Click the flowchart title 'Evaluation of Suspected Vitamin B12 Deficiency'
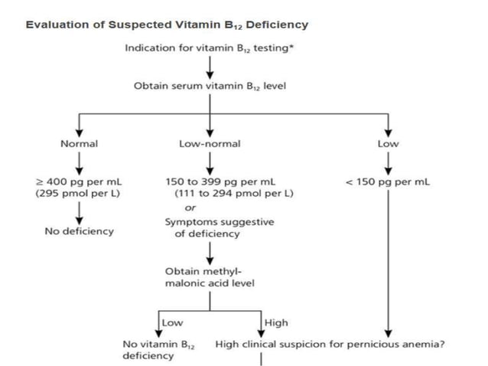(167, 25)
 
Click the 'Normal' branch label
(79, 143)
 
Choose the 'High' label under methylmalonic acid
(275, 323)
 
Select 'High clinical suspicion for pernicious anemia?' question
(330, 344)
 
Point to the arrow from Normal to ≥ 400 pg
(78, 162)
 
